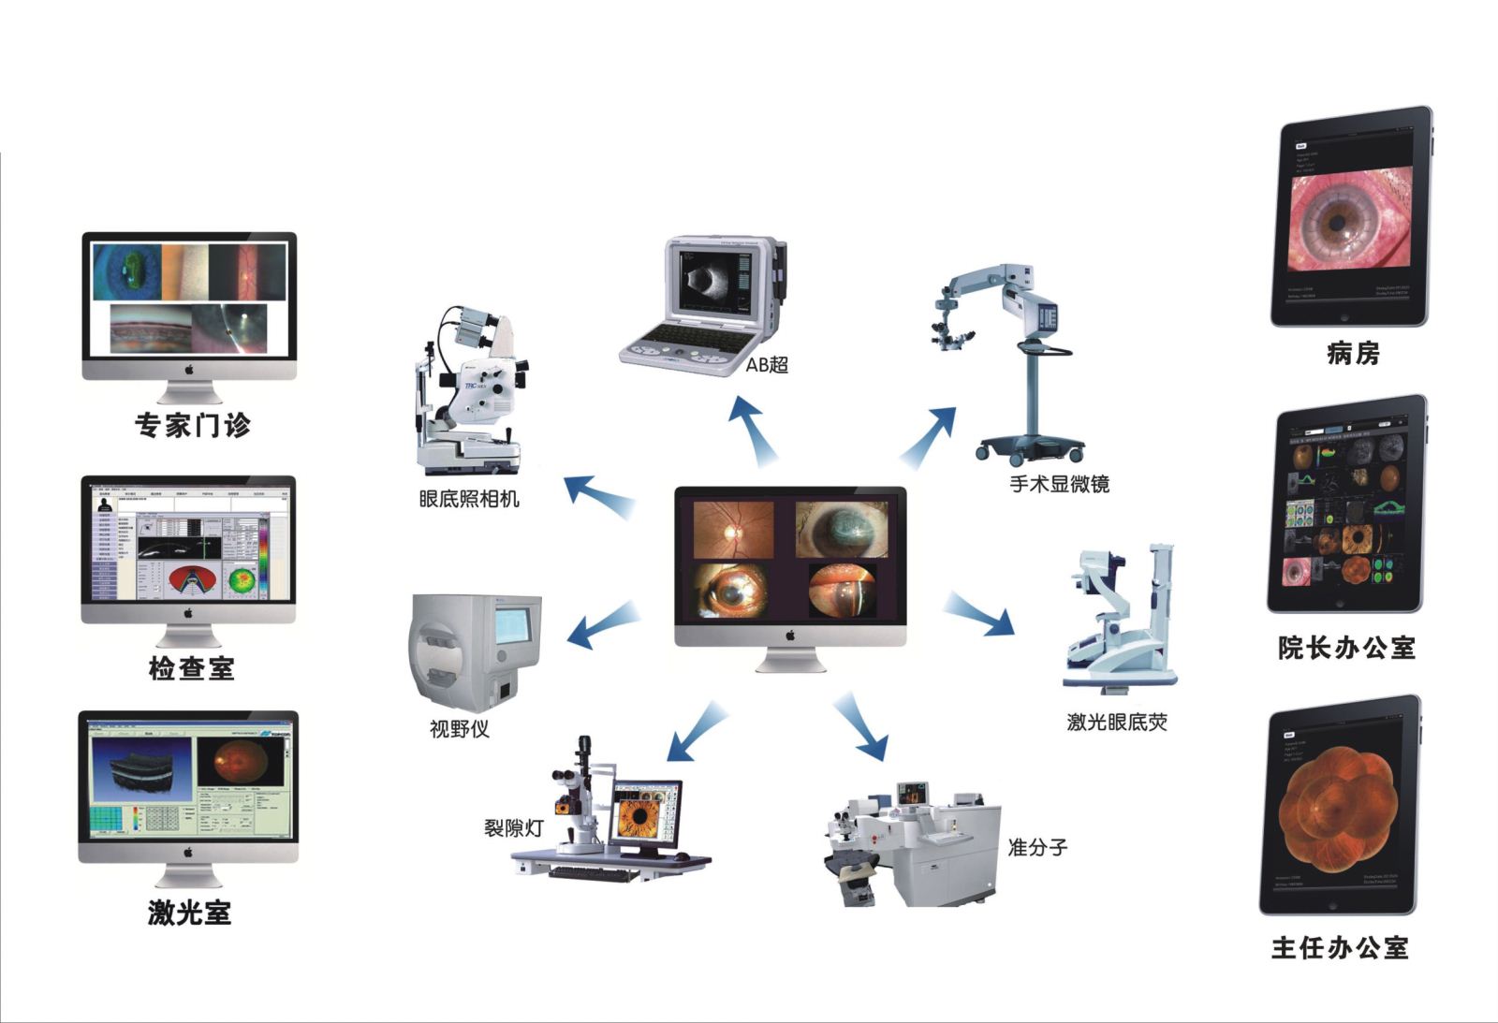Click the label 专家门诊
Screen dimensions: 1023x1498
(193, 426)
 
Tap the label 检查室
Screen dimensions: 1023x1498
(191, 668)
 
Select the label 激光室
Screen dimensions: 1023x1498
(190, 913)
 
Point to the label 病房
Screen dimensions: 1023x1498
(1354, 354)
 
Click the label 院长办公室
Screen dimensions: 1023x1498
(1346, 648)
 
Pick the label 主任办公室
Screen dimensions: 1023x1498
(1340, 948)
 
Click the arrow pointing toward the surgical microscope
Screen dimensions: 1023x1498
(930, 435)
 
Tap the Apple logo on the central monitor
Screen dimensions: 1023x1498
(789, 636)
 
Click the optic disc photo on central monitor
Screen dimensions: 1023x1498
(733, 530)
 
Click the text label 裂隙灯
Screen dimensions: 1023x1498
(513, 828)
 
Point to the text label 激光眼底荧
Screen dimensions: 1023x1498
(1117, 723)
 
